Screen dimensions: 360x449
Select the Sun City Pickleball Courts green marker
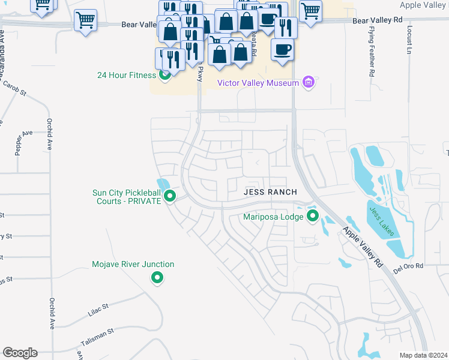170,196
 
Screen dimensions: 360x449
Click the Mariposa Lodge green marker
312,216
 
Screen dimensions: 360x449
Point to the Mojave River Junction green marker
157,277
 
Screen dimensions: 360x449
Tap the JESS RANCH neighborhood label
270,192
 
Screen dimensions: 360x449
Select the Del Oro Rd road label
409,265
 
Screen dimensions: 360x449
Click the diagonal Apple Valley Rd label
363,246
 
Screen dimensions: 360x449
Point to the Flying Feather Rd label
372,51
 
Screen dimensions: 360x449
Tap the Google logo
20,353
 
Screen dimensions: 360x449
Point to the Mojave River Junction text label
133,264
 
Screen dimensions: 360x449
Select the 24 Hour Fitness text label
127,76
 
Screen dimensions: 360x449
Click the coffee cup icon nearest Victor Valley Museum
282,49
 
